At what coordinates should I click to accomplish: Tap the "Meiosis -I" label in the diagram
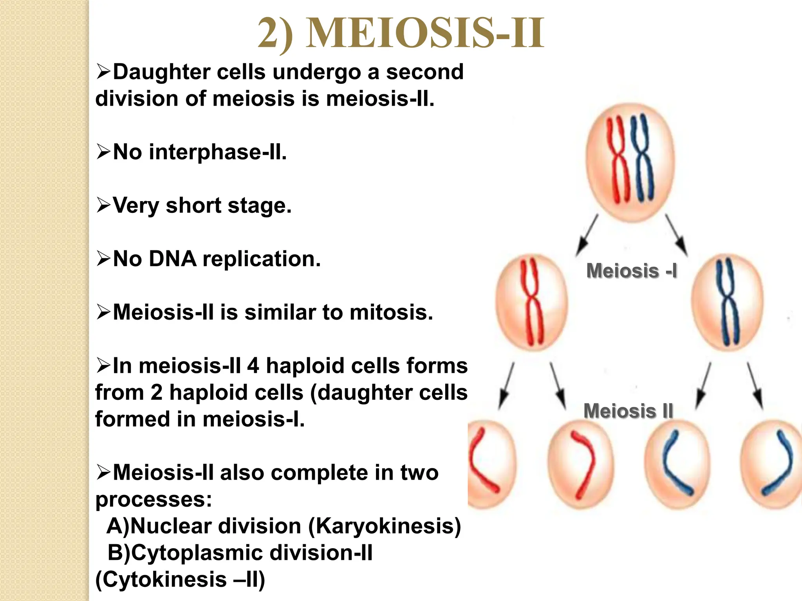click(631, 271)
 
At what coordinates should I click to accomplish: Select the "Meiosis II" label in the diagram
click(628, 411)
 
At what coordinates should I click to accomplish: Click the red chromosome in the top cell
click(619, 160)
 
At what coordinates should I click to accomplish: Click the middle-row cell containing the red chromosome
click(531, 302)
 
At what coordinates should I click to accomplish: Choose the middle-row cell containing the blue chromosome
click(727, 302)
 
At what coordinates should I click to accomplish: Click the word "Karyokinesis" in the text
click(385, 526)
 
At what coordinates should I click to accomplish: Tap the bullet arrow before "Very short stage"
click(104, 205)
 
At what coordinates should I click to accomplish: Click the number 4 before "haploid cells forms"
click(253, 366)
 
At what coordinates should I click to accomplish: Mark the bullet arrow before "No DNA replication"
click(104, 259)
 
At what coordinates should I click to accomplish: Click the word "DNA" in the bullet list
click(172, 259)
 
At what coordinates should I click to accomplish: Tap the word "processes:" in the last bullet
click(154, 499)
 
